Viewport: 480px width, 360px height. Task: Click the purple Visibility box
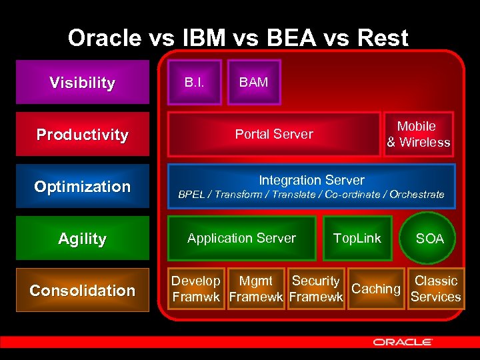click(x=83, y=83)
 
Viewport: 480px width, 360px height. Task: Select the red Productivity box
click(x=83, y=135)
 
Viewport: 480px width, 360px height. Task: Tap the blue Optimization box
click(x=83, y=187)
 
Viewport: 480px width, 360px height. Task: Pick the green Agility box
click(x=83, y=238)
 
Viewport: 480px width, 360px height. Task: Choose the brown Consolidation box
click(x=83, y=290)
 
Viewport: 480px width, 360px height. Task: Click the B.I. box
click(x=194, y=83)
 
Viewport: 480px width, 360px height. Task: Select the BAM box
click(x=254, y=83)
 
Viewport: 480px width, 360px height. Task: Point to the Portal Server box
click(x=273, y=134)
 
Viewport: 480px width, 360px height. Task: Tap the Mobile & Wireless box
click(x=418, y=134)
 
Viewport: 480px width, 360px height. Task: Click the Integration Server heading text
click(x=311, y=180)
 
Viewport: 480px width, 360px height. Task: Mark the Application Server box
click(x=241, y=238)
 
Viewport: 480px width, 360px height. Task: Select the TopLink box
click(x=357, y=238)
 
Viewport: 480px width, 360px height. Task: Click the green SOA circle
click(x=429, y=239)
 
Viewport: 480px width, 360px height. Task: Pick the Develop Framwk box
click(x=195, y=289)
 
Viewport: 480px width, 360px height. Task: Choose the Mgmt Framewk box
click(x=256, y=289)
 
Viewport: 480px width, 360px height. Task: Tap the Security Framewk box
click(x=316, y=289)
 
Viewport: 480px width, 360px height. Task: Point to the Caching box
click(x=376, y=289)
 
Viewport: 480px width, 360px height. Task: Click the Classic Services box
click(x=436, y=289)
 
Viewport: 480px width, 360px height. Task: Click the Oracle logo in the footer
click(x=403, y=342)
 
